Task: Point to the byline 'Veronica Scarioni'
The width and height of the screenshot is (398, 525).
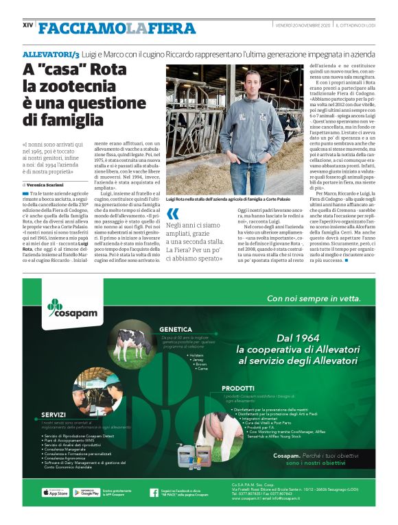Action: coord(57,185)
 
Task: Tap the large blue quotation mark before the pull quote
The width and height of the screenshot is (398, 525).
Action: coord(173,213)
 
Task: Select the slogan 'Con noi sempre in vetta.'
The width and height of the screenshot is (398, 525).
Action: coord(314,298)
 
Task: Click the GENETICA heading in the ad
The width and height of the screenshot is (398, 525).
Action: coord(175,329)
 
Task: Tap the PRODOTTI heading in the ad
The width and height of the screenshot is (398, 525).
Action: coord(237,388)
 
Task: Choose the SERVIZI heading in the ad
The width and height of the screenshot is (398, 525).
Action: coord(54,415)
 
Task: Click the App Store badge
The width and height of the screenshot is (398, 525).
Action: coord(55,492)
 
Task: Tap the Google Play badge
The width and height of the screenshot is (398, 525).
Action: coord(86,492)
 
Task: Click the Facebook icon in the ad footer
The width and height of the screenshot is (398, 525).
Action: coord(154,492)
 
